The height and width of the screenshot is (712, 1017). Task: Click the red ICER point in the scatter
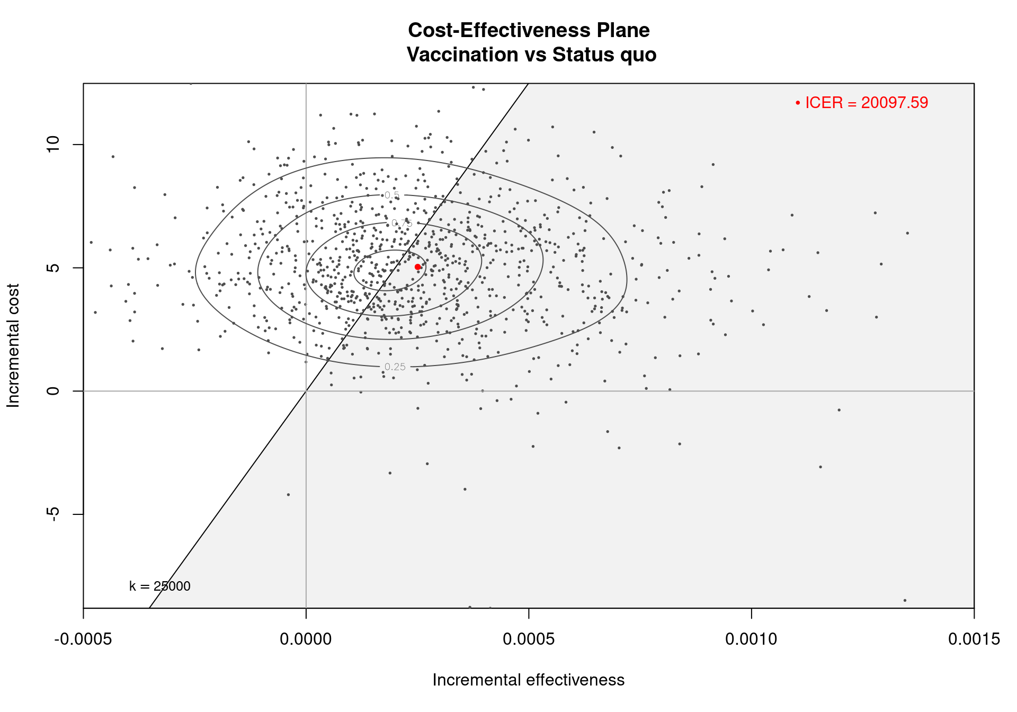click(417, 267)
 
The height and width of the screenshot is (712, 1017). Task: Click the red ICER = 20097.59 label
click(866, 103)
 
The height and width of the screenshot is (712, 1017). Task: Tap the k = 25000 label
click(160, 586)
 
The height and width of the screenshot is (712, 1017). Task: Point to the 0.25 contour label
click(395, 367)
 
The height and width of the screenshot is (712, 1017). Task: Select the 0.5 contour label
click(392, 195)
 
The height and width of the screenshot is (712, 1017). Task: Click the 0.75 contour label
click(402, 224)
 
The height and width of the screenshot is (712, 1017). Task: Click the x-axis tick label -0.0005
click(83, 639)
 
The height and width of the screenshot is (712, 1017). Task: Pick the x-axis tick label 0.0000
click(306, 639)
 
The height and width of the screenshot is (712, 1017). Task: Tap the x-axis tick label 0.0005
click(529, 639)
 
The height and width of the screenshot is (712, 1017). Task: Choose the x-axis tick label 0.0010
click(751, 639)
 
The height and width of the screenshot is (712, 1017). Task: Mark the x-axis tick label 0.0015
click(974, 639)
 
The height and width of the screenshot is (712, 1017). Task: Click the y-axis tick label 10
click(53, 144)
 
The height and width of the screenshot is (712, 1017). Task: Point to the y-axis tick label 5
click(53, 268)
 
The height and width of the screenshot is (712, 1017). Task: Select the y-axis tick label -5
click(53, 514)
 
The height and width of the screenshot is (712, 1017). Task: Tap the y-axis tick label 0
click(53, 391)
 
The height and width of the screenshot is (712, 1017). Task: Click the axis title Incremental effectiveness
click(529, 680)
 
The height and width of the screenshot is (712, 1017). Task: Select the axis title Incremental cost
click(13, 345)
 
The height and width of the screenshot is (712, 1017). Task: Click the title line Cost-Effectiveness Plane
click(529, 30)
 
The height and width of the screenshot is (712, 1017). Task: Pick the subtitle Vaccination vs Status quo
click(531, 55)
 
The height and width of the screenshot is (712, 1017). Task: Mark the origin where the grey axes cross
click(306, 391)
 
